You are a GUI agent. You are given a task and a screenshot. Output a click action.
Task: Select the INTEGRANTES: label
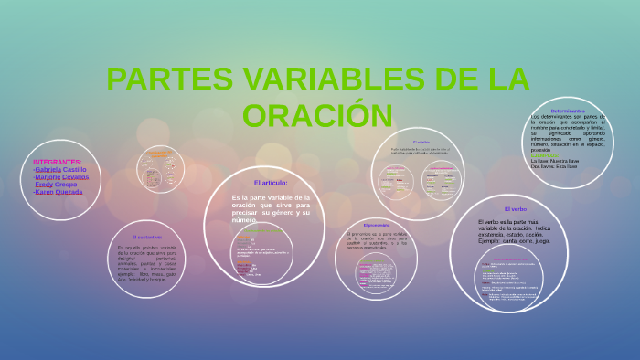point(58,161)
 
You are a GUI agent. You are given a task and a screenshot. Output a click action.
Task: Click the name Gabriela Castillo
point(60,169)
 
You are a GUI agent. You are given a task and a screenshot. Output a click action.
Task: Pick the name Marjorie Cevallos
point(61,176)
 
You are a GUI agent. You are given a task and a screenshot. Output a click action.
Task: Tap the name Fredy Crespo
point(56,185)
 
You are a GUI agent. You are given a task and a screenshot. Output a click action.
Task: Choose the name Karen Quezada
point(58,192)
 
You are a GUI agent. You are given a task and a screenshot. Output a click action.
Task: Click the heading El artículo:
point(271,183)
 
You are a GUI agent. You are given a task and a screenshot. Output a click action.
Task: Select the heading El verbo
point(516,209)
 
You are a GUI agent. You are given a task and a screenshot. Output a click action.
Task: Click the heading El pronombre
point(376,225)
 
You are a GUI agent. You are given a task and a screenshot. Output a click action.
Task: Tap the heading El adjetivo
point(421,143)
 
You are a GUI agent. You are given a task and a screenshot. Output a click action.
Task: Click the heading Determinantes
point(568,111)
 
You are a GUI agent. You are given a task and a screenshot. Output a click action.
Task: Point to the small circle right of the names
point(161,169)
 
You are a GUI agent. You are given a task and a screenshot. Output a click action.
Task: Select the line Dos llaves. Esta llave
point(554,166)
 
